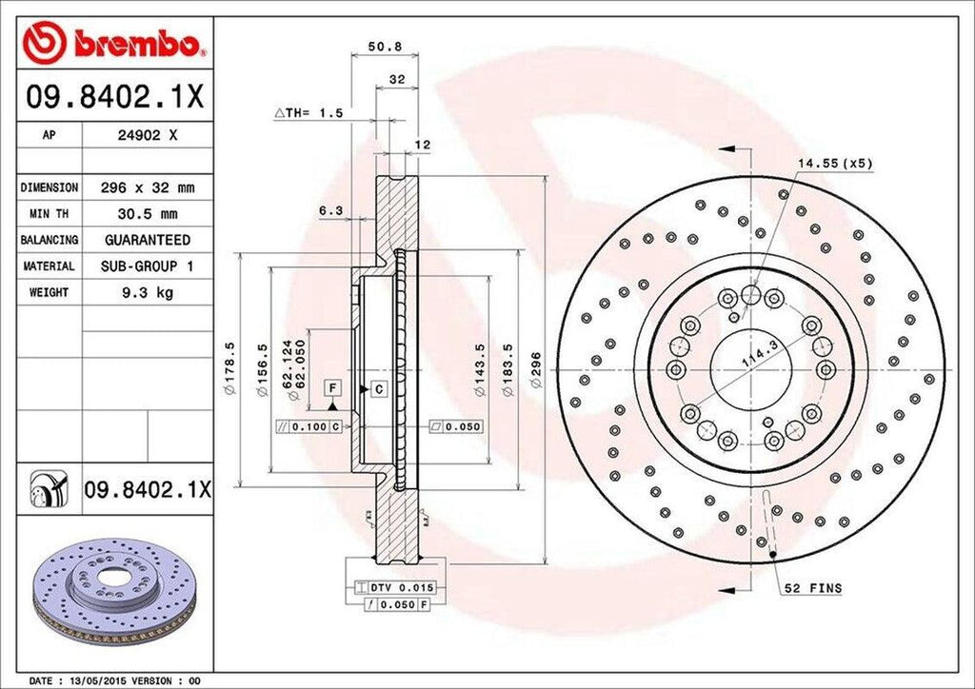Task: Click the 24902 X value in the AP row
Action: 147,135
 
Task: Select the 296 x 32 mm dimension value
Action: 147,187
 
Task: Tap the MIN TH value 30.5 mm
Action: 147,214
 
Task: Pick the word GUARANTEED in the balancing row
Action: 147,240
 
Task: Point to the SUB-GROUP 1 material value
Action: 147,266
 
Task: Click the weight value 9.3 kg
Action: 147,293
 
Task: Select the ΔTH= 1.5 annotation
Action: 308,112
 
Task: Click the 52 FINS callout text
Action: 814,589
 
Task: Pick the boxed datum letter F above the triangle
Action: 333,387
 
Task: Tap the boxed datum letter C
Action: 378,388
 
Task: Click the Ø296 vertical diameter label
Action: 536,368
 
